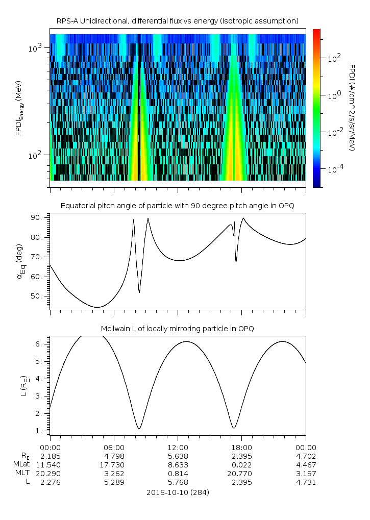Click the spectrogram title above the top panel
point(178,21)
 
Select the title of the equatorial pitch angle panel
point(178,206)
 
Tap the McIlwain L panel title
point(178,329)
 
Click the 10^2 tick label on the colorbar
point(334,58)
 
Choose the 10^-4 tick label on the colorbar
point(335,169)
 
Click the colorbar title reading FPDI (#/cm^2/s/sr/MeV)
point(352,107)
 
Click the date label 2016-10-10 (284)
point(178,492)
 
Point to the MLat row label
point(22,464)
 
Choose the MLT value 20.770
point(241,474)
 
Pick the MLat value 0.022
point(241,464)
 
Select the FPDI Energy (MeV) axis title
point(19,107)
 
